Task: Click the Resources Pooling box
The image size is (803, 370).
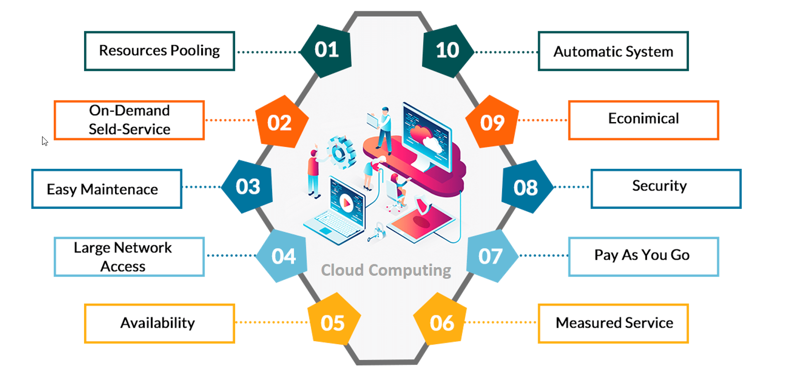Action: pyautogui.click(x=159, y=51)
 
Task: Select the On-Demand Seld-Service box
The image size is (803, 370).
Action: pyautogui.click(x=129, y=120)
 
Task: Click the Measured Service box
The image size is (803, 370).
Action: pyautogui.click(x=613, y=323)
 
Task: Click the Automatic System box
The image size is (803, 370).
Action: pyautogui.click(x=613, y=51)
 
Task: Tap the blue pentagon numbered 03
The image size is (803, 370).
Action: pyautogui.click(x=248, y=187)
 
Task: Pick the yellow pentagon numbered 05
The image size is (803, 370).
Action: pyautogui.click(x=333, y=323)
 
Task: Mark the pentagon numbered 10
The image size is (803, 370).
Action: pyautogui.click(x=447, y=50)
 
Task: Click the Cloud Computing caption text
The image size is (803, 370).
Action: pyautogui.click(x=386, y=270)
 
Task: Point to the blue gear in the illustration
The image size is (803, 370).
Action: pyautogui.click(x=340, y=152)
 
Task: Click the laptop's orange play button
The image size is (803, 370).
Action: pyautogui.click(x=347, y=203)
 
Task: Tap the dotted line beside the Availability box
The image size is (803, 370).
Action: pyautogui.click(x=272, y=322)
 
